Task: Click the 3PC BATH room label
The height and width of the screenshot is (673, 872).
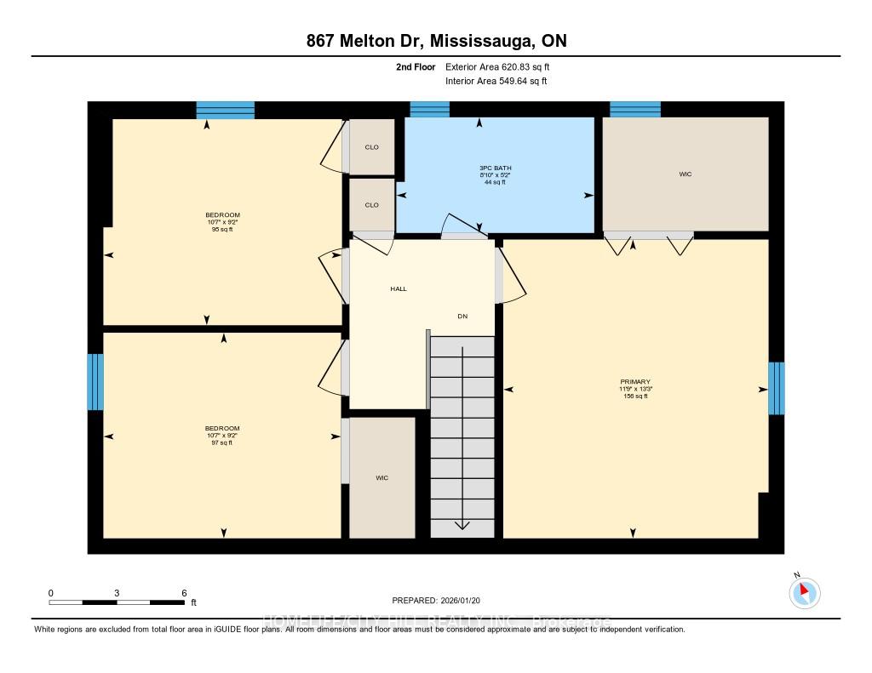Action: click(496, 168)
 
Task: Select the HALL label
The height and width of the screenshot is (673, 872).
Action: click(399, 289)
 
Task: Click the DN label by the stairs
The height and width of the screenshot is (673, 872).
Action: click(462, 317)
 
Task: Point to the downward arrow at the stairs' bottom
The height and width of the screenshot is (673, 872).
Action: click(462, 524)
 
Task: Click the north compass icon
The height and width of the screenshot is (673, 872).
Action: click(805, 592)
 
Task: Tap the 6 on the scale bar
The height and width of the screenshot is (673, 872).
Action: click(184, 592)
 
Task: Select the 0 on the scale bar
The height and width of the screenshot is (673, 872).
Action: click(51, 592)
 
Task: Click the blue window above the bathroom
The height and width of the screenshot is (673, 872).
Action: click(429, 109)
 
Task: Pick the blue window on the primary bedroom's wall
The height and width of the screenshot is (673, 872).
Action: click(776, 388)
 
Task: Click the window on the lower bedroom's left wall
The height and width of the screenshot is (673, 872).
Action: click(95, 382)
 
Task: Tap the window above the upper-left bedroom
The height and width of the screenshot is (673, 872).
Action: click(226, 110)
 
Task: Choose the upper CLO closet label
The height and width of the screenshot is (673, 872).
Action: click(371, 147)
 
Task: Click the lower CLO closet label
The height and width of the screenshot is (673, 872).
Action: click(371, 205)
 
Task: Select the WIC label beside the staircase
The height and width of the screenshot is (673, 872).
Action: click(381, 478)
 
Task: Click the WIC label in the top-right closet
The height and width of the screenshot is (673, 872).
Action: click(686, 174)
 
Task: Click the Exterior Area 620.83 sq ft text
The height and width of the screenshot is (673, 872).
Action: click(503, 66)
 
